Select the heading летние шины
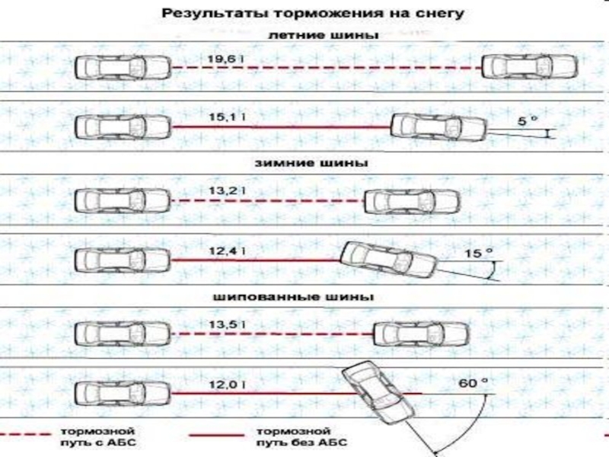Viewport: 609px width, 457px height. pyautogui.click(x=324, y=35)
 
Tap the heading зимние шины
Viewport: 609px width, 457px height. pyautogui.click(x=311, y=162)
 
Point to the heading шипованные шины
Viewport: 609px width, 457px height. pyautogui.click(x=294, y=297)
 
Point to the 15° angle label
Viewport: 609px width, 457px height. pyautogui.click(x=479, y=254)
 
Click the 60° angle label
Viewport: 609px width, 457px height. pyautogui.click(x=473, y=383)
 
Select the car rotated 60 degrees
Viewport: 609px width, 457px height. pyautogui.click(x=378, y=392)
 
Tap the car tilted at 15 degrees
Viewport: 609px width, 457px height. pyautogui.click(x=389, y=260)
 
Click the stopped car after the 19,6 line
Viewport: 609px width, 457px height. pyautogui.click(x=530, y=67)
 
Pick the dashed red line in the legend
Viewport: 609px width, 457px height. pyautogui.click(x=25, y=434)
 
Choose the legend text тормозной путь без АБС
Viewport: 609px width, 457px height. pyautogui.click(x=301, y=436)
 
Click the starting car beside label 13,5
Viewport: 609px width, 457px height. pyautogui.click(x=123, y=334)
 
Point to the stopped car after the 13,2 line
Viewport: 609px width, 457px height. pyautogui.click(x=412, y=201)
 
